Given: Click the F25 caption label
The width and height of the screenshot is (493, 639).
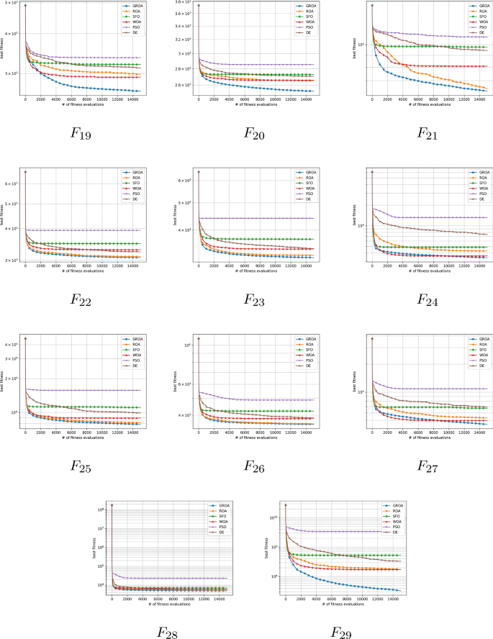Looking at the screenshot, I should click(x=80, y=466).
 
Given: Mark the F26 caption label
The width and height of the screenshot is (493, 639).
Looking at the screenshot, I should click(x=253, y=466).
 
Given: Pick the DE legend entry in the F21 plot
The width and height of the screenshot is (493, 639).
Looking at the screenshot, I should click(x=476, y=33).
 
